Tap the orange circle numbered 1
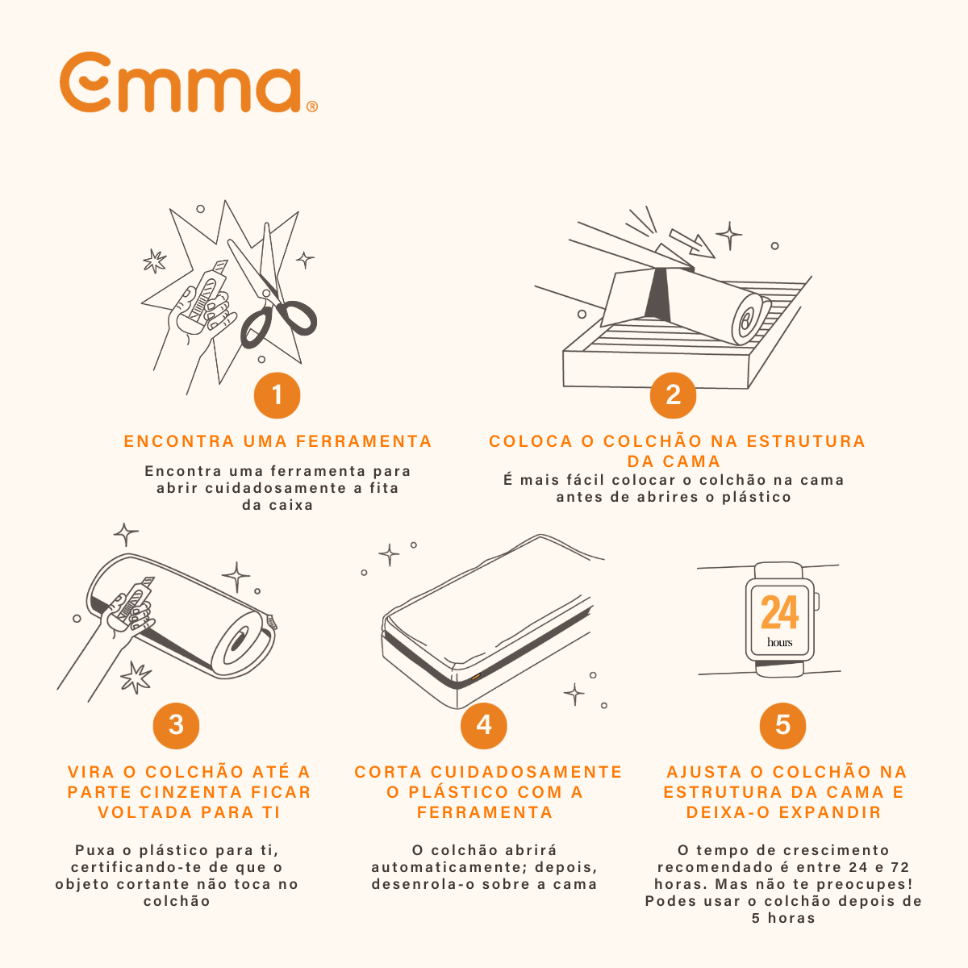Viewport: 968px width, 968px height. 277,395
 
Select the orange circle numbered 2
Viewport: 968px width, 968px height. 673,395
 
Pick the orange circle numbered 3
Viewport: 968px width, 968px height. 176,725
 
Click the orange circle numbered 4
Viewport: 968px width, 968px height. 483,725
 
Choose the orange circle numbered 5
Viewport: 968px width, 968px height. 782,725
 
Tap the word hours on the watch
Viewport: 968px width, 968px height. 779,642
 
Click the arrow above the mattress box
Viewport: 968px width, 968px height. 692,243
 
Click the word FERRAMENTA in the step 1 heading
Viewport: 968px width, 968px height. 364,441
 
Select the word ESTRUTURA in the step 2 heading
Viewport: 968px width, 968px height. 806,441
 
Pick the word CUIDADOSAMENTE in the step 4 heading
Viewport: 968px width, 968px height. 527,772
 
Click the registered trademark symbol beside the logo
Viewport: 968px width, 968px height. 312,106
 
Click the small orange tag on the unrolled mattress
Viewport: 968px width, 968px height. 476,677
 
